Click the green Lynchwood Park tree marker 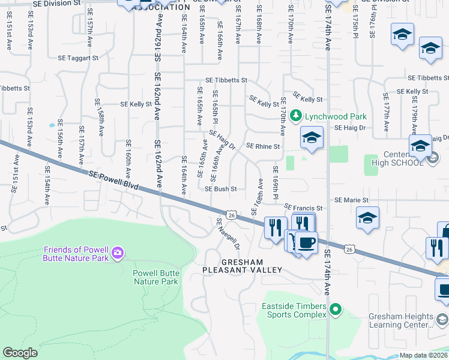point(295,115)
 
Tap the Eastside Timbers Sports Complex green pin point(336,310)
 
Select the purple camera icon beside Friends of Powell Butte point(117,253)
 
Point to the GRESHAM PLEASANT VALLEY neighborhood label point(242,266)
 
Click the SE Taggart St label point(78,58)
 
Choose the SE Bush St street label point(221,188)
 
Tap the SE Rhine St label point(264,146)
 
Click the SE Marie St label point(352,200)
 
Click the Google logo point(20,353)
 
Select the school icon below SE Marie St point(367,219)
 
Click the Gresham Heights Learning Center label point(410,320)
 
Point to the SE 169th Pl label point(276,181)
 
